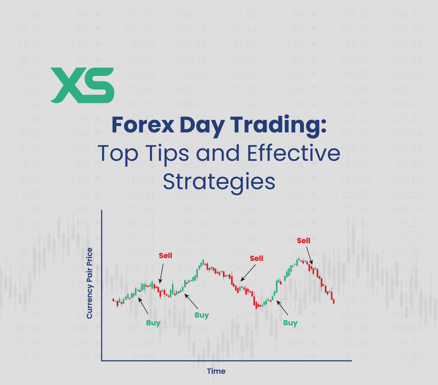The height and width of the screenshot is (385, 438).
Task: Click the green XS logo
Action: point(82,85)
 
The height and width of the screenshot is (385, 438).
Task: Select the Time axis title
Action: point(216,371)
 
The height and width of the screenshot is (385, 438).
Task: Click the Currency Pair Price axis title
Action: point(90,283)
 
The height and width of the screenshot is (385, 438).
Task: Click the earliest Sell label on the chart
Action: point(165,256)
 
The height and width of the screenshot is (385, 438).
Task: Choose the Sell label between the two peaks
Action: point(257,258)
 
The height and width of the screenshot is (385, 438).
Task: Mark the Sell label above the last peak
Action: point(303,241)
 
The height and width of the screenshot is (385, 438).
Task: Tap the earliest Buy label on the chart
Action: point(153,323)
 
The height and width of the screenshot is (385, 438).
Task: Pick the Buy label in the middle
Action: point(202,315)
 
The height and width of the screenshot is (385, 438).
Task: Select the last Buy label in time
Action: point(290,323)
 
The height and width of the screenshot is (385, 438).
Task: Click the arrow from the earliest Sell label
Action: point(161,274)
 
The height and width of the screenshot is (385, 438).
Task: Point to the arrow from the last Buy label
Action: point(282,308)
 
